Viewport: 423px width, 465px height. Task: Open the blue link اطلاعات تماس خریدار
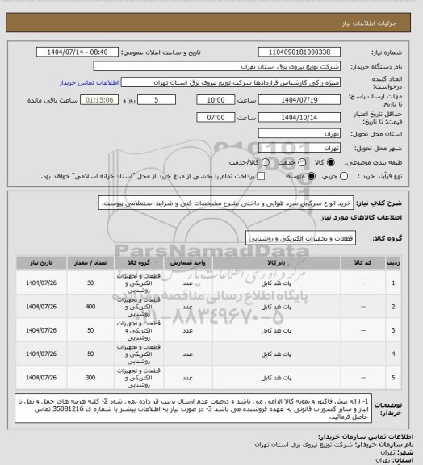coord(90,82)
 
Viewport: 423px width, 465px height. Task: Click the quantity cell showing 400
coord(90,307)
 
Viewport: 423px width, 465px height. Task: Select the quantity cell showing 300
coord(90,377)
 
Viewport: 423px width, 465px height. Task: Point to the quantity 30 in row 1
coord(90,283)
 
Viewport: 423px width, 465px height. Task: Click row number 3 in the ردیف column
coord(393,330)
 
